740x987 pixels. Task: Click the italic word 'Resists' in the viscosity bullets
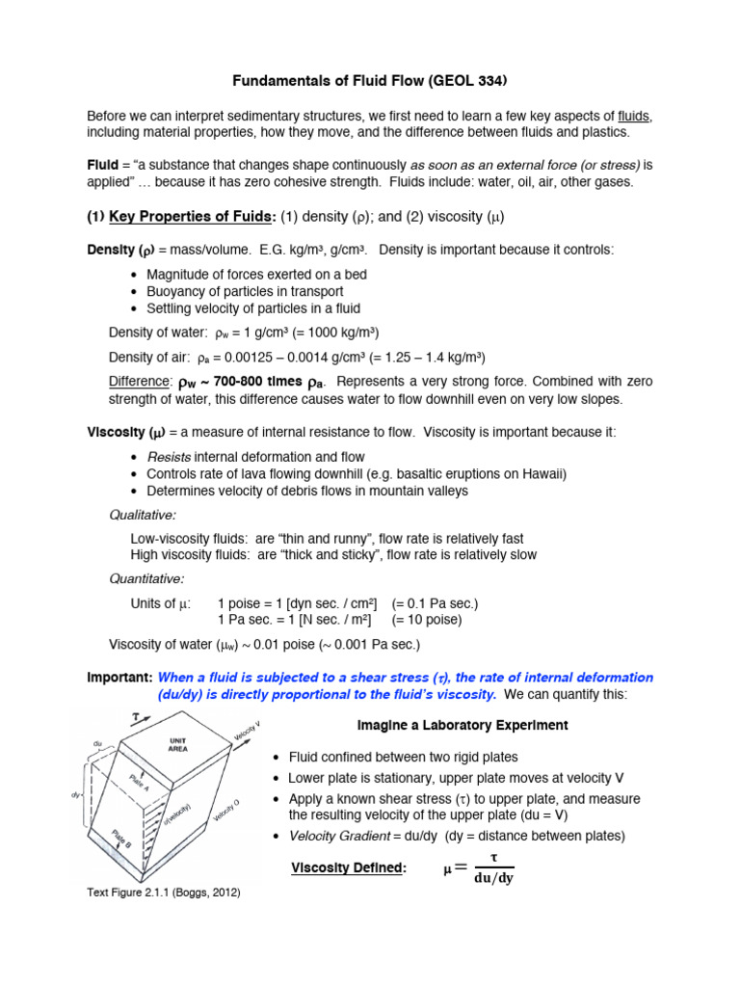(x=169, y=457)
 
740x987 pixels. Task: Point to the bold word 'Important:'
(x=119, y=678)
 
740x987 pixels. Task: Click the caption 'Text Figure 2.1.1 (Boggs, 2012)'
(x=164, y=893)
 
